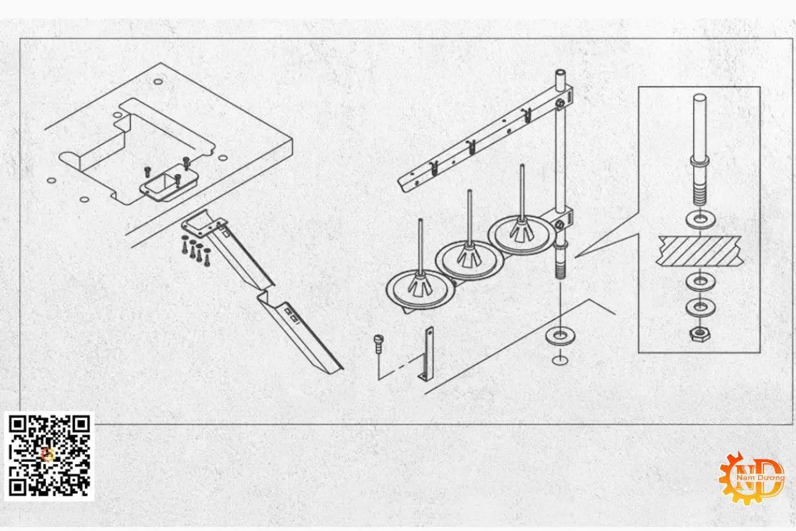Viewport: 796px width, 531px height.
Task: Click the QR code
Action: pos(49,456)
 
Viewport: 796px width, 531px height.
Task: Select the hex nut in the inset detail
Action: pos(700,334)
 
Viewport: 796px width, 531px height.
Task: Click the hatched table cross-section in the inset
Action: pos(700,251)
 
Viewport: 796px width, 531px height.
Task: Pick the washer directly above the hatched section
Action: pos(700,220)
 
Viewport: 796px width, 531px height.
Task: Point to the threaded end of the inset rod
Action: pos(700,196)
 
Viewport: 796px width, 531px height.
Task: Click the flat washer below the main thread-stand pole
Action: pos(560,337)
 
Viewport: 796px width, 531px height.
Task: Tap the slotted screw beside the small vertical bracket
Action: pos(377,343)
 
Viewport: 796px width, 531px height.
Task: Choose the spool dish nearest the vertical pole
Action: pos(521,236)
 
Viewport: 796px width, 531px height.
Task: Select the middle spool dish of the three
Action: pos(470,260)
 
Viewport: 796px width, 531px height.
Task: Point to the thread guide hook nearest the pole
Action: pos(527,115)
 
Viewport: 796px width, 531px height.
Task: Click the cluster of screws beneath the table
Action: pos(196,250)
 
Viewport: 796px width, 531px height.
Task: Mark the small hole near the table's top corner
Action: pos(158,82)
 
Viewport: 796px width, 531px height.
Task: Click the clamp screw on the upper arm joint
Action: pos(561,104)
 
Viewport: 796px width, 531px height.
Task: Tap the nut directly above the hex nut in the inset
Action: pos(700,307)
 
